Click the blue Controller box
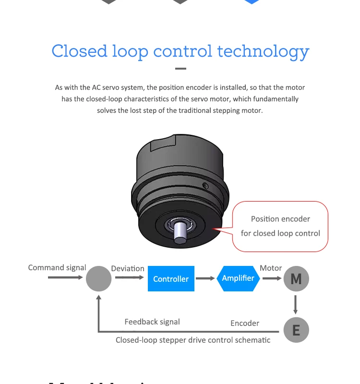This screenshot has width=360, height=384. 171,278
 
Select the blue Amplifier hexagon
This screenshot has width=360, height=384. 238,278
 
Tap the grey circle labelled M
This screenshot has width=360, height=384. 296,278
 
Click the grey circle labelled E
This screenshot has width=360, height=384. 296,330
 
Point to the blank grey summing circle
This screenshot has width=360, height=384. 98,278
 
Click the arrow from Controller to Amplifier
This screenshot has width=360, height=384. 205,278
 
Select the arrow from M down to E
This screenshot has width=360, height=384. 296,304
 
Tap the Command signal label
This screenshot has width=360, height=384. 57,267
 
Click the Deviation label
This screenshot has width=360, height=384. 128,268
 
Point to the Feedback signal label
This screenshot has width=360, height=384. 152,322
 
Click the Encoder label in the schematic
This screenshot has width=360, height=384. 245,323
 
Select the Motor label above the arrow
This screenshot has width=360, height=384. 271,268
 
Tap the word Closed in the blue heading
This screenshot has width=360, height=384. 79,51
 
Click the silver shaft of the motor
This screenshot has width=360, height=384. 180,232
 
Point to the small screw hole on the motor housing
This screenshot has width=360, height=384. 205,185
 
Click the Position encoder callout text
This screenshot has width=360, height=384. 280,219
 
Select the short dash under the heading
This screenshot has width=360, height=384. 180,69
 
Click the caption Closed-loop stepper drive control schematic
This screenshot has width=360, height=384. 193,340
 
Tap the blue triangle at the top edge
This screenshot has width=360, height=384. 252,1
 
